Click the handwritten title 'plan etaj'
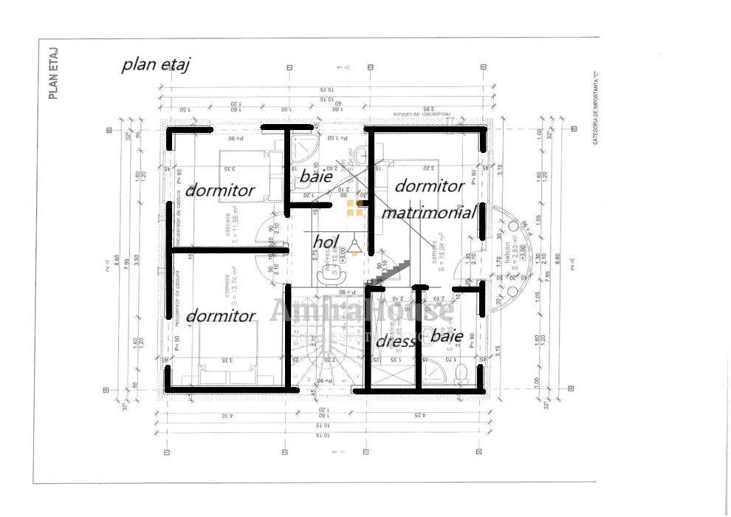pos(156,65)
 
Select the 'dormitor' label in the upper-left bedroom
pos(220,191)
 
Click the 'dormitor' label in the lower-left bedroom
pos(220,316)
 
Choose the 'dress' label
pos(395,341)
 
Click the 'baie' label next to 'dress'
pos(447,337)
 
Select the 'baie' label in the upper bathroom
pos(315,177)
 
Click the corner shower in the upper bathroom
pos(303,148)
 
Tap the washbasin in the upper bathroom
pos(360,154)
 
